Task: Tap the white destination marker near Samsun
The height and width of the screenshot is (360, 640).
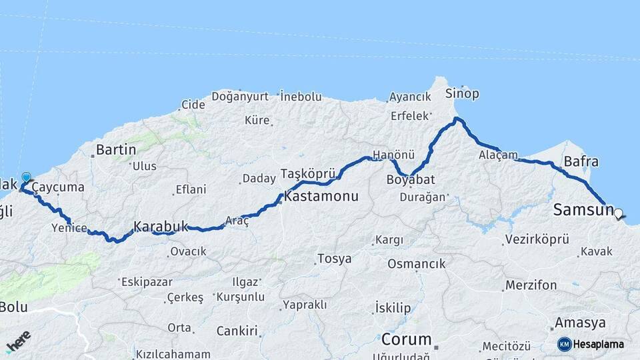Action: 619,215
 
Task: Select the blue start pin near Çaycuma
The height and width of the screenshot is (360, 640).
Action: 26,178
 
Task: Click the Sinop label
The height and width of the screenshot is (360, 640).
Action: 462,93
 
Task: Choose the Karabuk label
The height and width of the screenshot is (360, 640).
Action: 161,227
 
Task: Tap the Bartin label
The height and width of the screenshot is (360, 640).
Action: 116,149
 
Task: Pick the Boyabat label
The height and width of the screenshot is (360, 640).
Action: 411,179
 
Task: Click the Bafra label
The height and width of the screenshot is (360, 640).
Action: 581,161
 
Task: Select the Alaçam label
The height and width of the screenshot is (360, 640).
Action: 498,155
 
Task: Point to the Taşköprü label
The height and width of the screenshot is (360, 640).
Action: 307,173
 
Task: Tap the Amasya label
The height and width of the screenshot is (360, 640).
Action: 580,323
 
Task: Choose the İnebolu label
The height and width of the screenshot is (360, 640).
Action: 301,97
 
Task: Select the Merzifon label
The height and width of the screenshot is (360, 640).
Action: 531,285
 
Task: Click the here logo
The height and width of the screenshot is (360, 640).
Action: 19,341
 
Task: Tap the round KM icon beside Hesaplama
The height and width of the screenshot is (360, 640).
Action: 565,344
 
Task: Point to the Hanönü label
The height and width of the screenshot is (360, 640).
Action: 393,155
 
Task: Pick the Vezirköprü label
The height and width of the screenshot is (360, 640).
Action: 537,239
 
